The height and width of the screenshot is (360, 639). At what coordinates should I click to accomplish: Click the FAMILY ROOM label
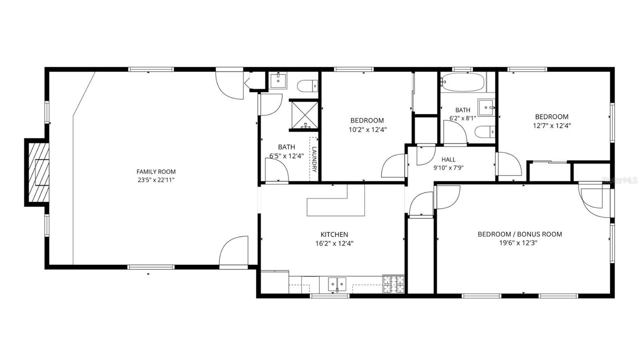pos(156,172)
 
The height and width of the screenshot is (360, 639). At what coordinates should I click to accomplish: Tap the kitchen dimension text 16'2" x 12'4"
pos(334,243)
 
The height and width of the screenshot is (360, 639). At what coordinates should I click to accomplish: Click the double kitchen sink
pos(337,284)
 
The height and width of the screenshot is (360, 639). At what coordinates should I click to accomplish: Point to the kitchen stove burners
pos(393,284)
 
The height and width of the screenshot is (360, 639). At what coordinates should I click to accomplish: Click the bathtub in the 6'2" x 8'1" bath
pos(463,82)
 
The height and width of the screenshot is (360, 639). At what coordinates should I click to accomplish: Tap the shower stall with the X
pos(304,115)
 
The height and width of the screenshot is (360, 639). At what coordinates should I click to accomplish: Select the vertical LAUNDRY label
pos(314,159)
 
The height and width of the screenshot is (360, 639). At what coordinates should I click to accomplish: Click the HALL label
pos(448,159)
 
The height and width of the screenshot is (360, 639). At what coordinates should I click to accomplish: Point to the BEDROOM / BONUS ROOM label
pos(520,234)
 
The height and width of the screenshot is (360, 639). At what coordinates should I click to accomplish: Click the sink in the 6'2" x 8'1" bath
pos(486,107)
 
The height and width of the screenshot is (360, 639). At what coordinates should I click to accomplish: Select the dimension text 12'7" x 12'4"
pos(552,125)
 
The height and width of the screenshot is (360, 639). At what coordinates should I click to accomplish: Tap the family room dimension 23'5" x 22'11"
pos(156,180)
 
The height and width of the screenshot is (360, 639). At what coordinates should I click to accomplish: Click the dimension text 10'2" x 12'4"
pos(367,129)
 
